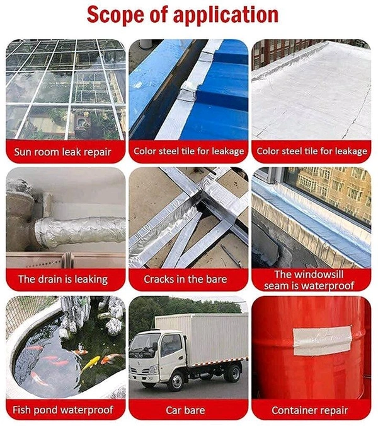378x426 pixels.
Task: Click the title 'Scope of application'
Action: pyautogui.click(x=183, y=15)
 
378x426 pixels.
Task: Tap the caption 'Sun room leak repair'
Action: pyautogui.click(x=62, y=151)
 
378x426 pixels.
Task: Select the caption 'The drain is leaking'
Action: pyautogui.click(x=63, y=279)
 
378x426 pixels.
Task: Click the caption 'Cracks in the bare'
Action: pyautogui.click(x=185, y=279)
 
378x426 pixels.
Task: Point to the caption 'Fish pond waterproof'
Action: pyautogui.click(x=63, y=410)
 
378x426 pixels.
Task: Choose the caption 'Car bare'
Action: pyautogui.click(x=185, y=410)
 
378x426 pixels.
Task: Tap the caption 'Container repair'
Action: pyautogui.click(x=310, y=410)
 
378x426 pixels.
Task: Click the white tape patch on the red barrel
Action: pyautogui.click(x=322, y=341)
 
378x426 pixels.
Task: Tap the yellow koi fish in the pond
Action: pyautogui.click(x=91, y=364)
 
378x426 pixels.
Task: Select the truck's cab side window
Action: pyautogui.click(x=171, y=346)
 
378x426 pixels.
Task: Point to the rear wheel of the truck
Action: pyautogui.click(x=233, y=372)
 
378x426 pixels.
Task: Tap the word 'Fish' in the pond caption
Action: pyautogui.click(x=21, y=410)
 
